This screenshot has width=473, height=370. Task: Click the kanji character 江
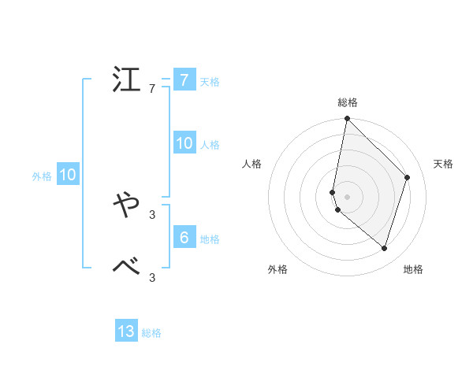pyautogui.click(x=127, y=81)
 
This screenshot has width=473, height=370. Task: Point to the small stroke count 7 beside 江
pyautogui.click(x=152, y=89)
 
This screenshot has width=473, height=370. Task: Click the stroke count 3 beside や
pyautogui.click(x=152, y=214)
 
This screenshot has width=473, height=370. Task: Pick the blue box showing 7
pyautogui.click(x=184, y=80)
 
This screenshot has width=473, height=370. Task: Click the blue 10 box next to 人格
pyautogui.click(x=184, y=143)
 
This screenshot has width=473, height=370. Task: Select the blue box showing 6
pyautogui.click(x=184, y=237)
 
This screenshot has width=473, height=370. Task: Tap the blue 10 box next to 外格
pyautogui.click(x=68, y=175)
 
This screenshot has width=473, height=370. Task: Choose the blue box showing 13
pyautogui.click(x=126, y=331)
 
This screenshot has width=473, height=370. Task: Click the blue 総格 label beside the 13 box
pyautogui.click(x=151, y=333)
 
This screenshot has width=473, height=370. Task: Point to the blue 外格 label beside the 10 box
pyautogui.click(x=42, y=176)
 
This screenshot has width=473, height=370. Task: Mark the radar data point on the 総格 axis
pyautogui.click(x=347, y=119)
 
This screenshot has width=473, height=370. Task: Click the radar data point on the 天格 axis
pyautogui.click(x=408, y=177)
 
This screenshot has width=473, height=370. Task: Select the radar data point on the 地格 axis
pyautogui.click(x=385, y=248)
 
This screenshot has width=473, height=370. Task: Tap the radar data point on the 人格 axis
pyautogui.click(x=333, y=192)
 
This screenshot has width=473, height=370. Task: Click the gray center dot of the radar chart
pyautogui.click(x=347, y=197)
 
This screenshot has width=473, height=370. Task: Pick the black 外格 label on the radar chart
pyautogui.click(x=277, y=269)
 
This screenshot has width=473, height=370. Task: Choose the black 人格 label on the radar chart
pyautogui.click(x=251, y=164)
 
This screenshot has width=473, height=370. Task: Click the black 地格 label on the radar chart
pyautogui.click(x=413, y=269)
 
